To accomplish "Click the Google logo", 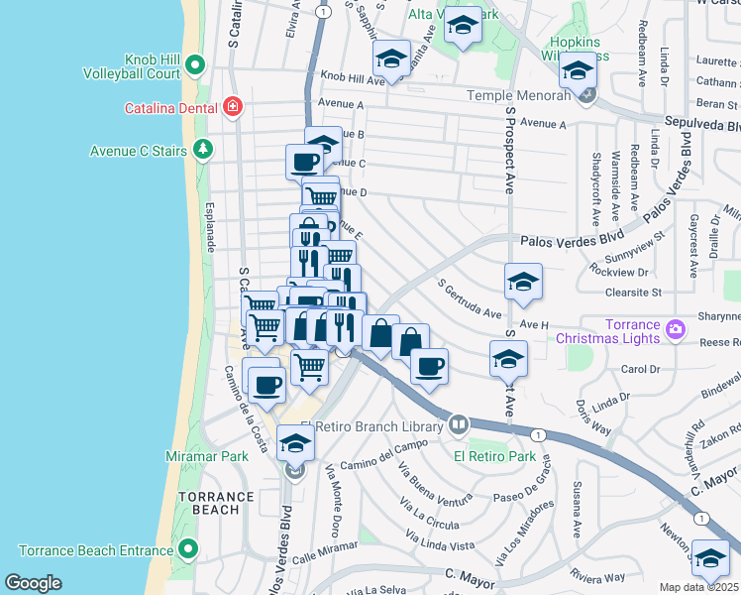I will (x=33, y=582).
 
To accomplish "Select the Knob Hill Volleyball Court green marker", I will (x=195, y=66).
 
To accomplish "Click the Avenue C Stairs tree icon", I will (x=204, y=150).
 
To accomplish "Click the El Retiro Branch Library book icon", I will (x=458, y=425).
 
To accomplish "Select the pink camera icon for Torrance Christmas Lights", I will (x=676, y=327).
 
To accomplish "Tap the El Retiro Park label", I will (x=494, y=457).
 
